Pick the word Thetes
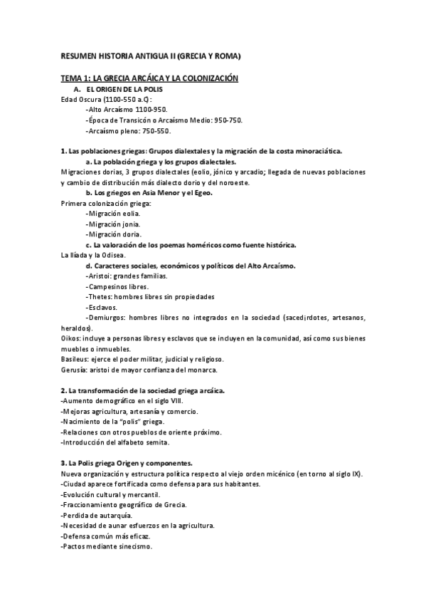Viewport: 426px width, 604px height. tap(99, 296)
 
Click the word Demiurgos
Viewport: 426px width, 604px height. tap(106, 317)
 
